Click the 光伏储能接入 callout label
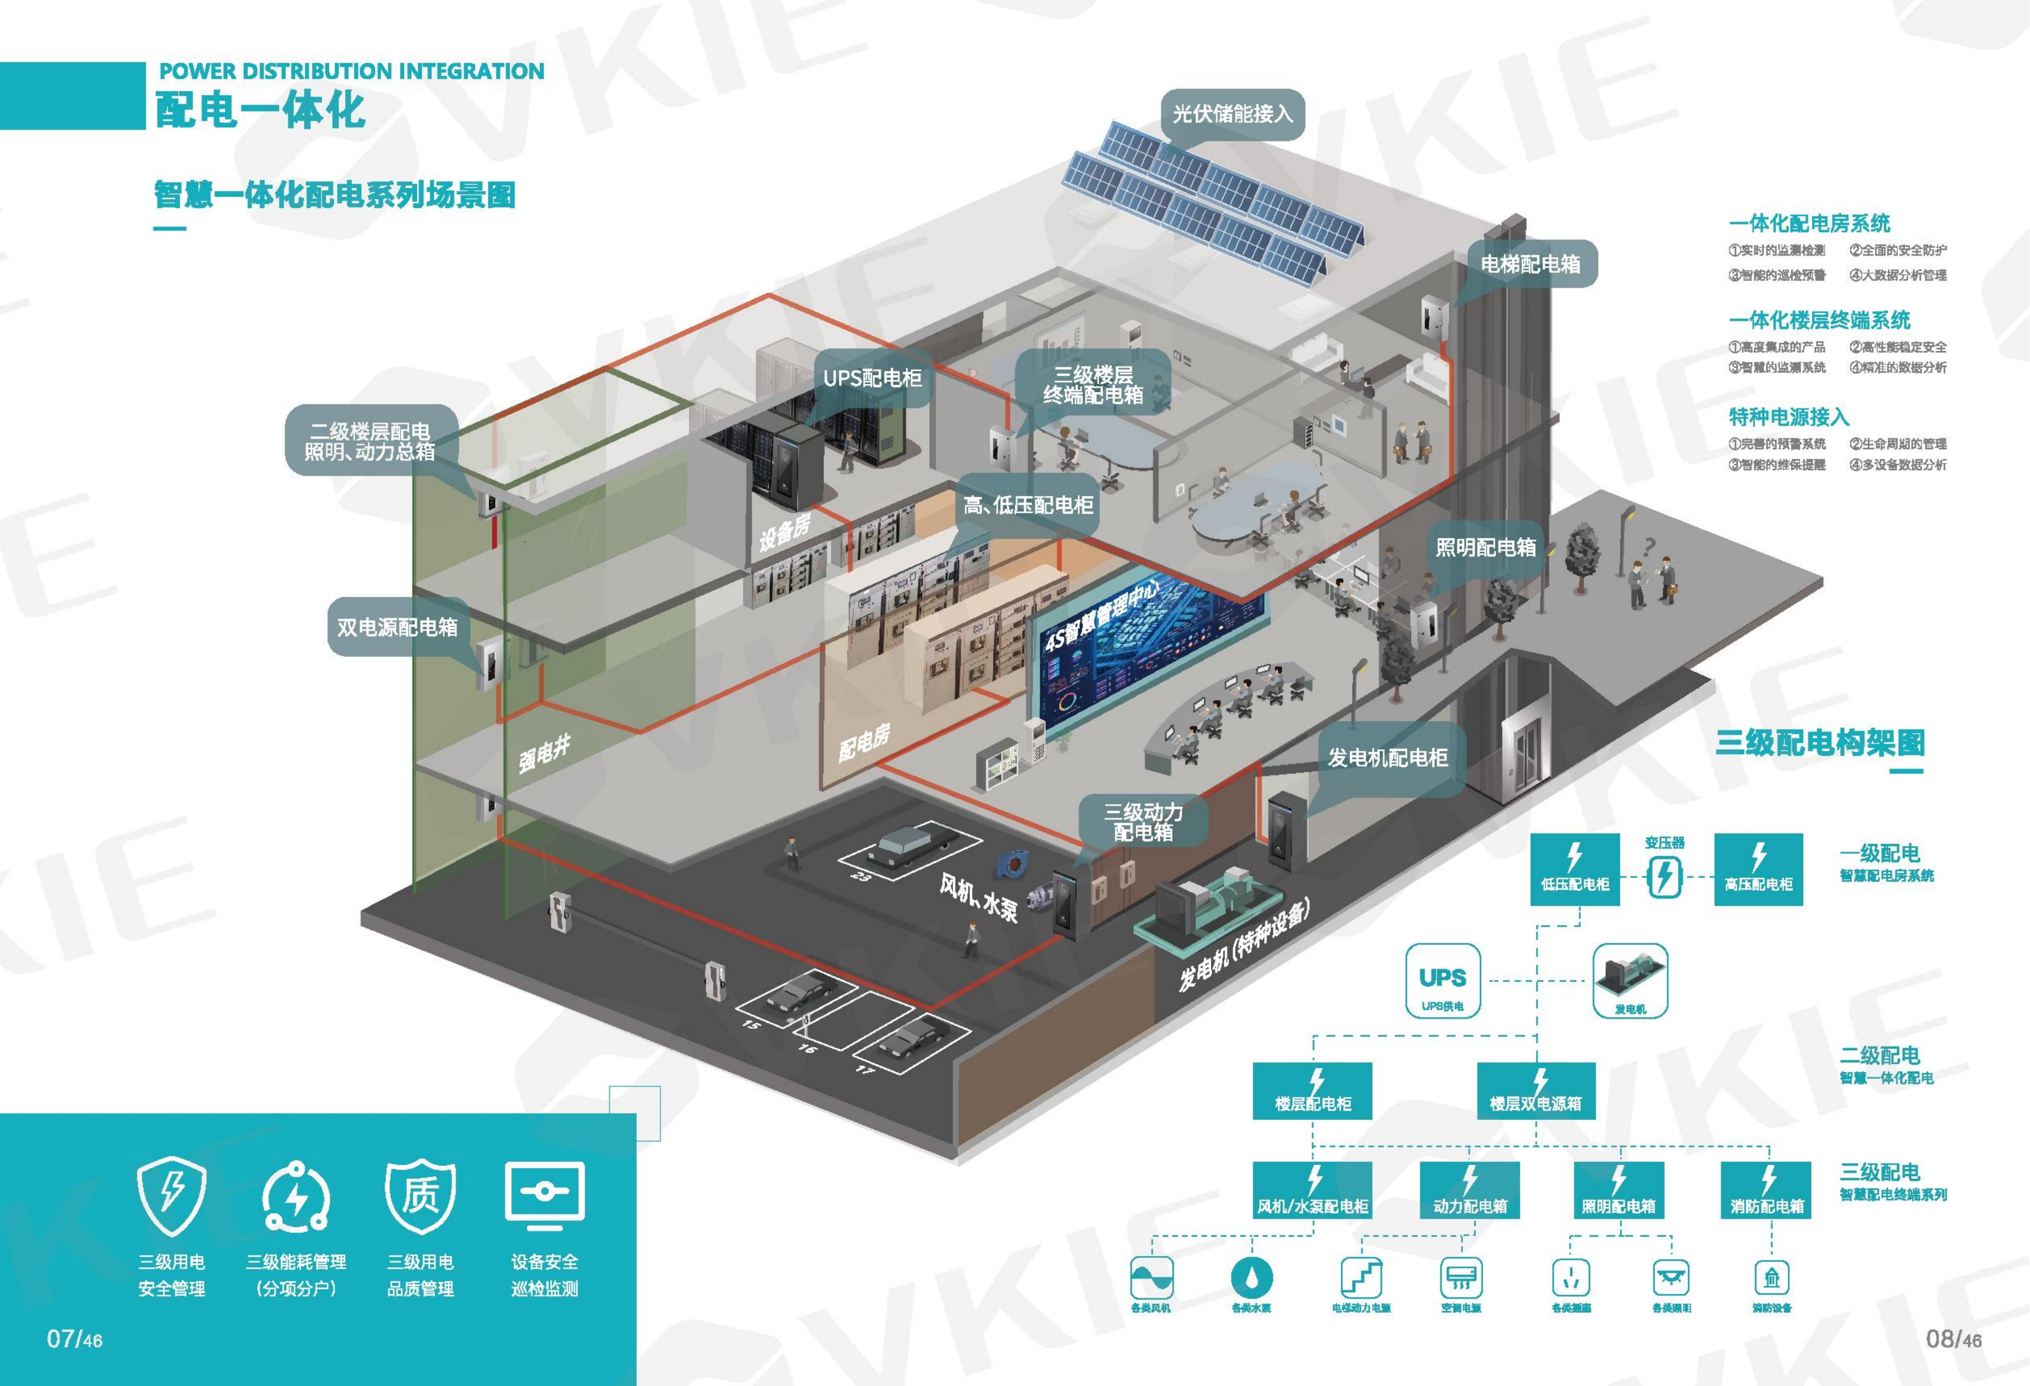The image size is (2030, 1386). (1231, 113)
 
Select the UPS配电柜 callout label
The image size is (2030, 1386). (872, 378)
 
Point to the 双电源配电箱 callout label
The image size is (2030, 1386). (397, 627)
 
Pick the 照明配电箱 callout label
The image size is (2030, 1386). (1485, 548)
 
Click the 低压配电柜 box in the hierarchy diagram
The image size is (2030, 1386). (1575, 869)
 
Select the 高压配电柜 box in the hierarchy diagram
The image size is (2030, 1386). (1759, 869)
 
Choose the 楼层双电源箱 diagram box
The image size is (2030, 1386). (1535, 1091)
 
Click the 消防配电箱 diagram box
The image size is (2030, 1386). (1767, 1190)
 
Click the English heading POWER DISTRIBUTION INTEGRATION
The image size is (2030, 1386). (351, 72)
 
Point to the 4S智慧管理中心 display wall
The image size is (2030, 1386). (1149, 655)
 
